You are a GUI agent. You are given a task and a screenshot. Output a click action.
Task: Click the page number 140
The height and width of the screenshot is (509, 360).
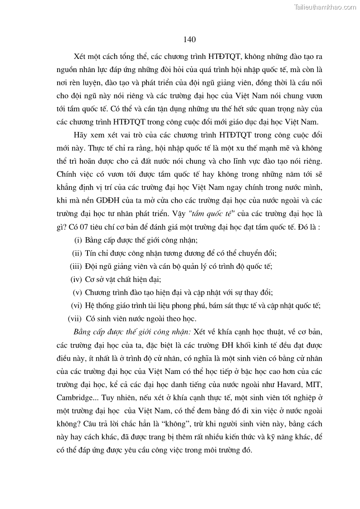190,40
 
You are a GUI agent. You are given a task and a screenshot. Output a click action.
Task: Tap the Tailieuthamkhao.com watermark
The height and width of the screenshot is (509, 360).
325,7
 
